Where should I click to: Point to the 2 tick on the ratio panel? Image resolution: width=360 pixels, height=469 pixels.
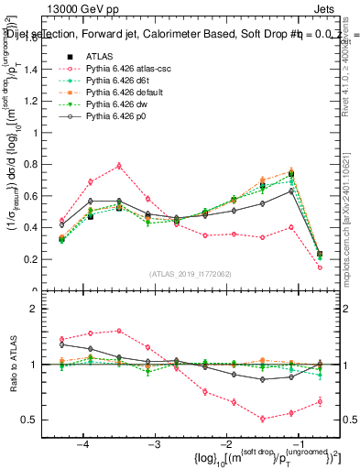click(x=49, y=309)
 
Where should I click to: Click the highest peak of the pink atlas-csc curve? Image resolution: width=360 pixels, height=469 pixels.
click(x=119, y=166)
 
